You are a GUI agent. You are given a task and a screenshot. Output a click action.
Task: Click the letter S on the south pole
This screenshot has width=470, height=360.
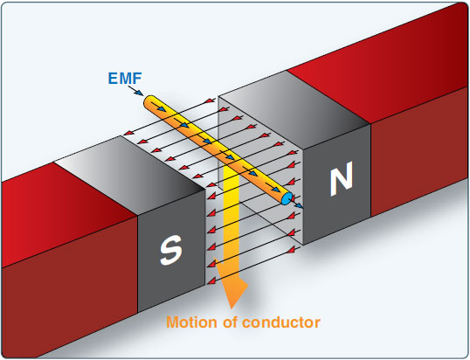170,251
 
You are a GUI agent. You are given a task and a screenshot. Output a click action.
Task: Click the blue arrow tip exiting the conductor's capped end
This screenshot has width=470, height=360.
300,206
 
